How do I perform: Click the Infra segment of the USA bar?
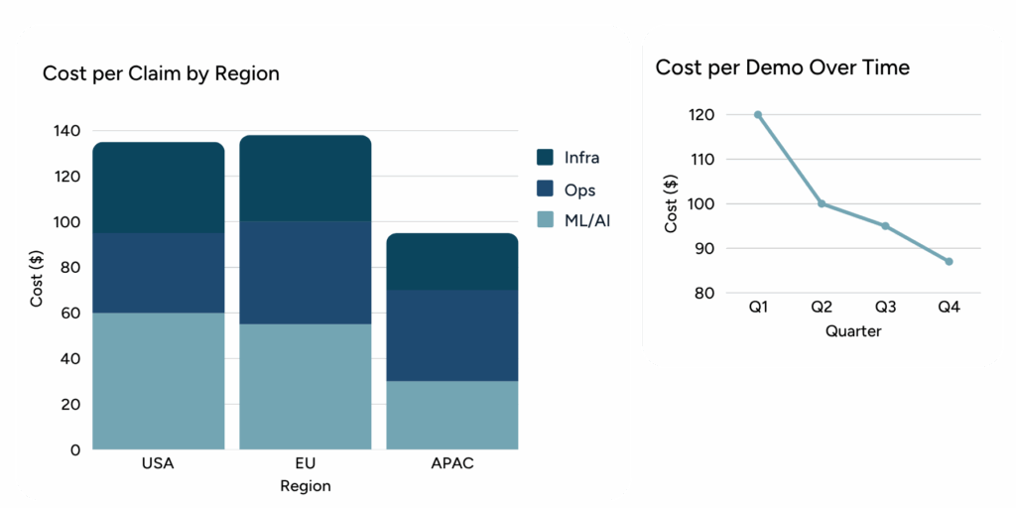click(159, 188)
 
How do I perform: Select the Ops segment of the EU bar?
click(306, 272)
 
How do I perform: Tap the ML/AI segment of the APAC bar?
click(452, 415)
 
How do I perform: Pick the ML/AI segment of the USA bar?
click(159, 381)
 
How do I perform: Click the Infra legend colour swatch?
click(545, 157)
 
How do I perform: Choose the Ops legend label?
click(579, 189)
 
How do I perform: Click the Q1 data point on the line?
click(758, 114)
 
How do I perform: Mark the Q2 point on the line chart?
click(822, 203)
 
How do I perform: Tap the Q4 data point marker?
click(950, 261)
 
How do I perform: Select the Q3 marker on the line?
click(885, 226)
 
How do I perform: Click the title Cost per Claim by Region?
click(161, 73)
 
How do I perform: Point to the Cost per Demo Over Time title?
click(783, 67)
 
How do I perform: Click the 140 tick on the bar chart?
click(67, 131)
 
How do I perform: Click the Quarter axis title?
click(853, 330)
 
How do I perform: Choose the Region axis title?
click(306, 486)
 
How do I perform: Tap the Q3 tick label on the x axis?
click(885, 309)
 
